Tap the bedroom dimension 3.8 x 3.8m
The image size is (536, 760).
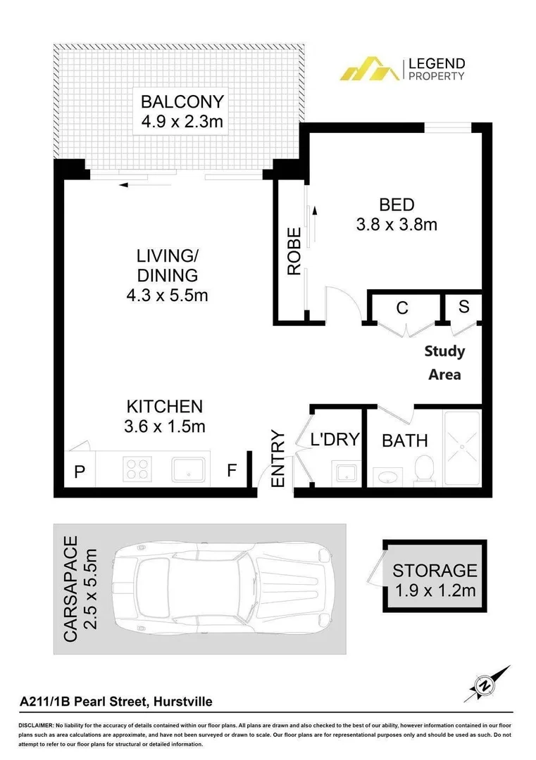click(397, 225)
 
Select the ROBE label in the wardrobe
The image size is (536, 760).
click(294, 251)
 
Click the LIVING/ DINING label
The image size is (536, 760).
click(167, 265)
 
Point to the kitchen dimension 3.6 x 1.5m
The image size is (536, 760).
click(165, 426)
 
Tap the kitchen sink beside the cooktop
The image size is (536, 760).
click(189, 468)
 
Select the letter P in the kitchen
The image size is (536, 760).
click(80, 471)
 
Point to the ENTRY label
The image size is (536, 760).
click(278, 458)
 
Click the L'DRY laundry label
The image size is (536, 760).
click(335, 440)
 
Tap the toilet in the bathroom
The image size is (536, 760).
click(424, 469)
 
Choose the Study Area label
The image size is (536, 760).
click(444, 362)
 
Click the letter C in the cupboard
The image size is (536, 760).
click(402, 308)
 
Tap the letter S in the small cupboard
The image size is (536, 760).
click(463, 306)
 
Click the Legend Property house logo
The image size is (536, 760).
click(368, 69)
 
